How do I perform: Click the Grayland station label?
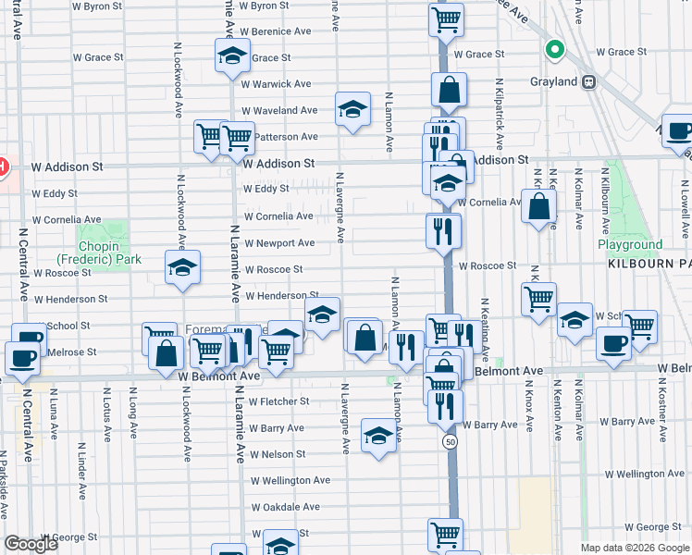[x=554, y=81]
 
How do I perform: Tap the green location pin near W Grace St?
[x=555, y=50]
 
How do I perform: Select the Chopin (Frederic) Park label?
[x=98, y=253]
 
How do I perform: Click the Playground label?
[x=629, y=245]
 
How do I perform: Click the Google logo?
[x=31, y=544]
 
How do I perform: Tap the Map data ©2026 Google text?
[x=634, y=548]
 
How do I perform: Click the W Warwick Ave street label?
[x=276, y=84]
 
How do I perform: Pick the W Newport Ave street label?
[x=278, y=243]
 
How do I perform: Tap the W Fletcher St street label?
[x=278, y=401]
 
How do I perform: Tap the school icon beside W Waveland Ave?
[x=352, y=110]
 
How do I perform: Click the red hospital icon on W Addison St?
[x=3, y=166]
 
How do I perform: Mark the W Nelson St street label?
[x=277, y=454]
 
